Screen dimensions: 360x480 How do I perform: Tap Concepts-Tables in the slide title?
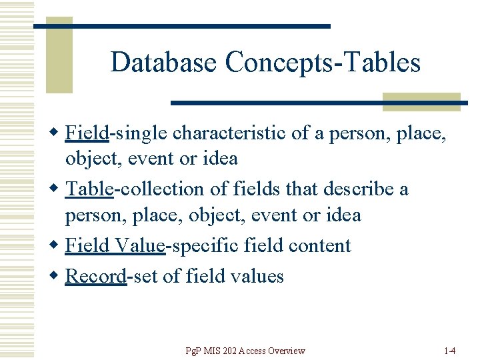[323, 63]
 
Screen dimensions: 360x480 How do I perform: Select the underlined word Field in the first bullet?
[87, 133]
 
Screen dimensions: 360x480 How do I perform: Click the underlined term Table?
[89, 189]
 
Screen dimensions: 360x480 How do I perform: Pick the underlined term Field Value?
[115, 245]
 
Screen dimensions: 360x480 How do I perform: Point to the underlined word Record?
[95, 276]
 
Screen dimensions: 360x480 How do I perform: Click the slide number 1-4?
[449, 351]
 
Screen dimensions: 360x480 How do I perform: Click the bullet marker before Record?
[56, 276]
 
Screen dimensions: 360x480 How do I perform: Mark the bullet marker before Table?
[56, 189]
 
